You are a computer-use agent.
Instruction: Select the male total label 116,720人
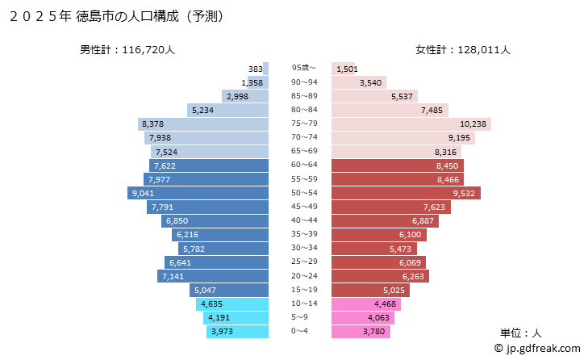click(x=127, y=50)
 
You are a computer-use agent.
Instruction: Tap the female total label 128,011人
click(x=463, y=50)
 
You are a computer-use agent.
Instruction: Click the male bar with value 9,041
click(x=198, y=193)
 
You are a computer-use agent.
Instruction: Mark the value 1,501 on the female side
click(x=346, y=69)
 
